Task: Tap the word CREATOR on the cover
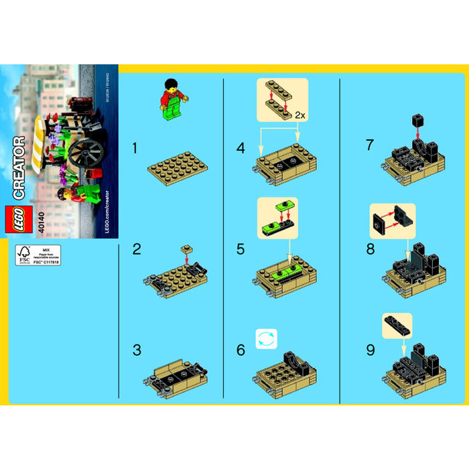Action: tap(19, 167)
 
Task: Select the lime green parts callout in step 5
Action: tap(276, 215)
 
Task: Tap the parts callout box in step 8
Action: tap(393, 221)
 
